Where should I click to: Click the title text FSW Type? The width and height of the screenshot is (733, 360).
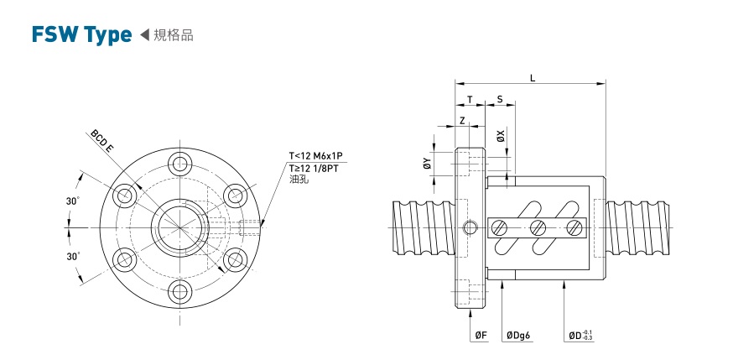click(81, 34)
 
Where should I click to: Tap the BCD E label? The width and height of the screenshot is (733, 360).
click(102, 139)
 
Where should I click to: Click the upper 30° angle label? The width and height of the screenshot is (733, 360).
click(73, 201)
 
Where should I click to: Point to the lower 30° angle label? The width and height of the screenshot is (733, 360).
click(73, 255)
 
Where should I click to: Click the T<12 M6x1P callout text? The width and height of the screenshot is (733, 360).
click(316, 155)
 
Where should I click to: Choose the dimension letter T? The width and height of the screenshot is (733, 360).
click(470, 99)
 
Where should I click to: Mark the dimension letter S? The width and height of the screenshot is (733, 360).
click(500, 99)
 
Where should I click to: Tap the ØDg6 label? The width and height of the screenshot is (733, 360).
click(518, 335)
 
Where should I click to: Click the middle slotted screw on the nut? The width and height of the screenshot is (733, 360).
click(538, 227)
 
